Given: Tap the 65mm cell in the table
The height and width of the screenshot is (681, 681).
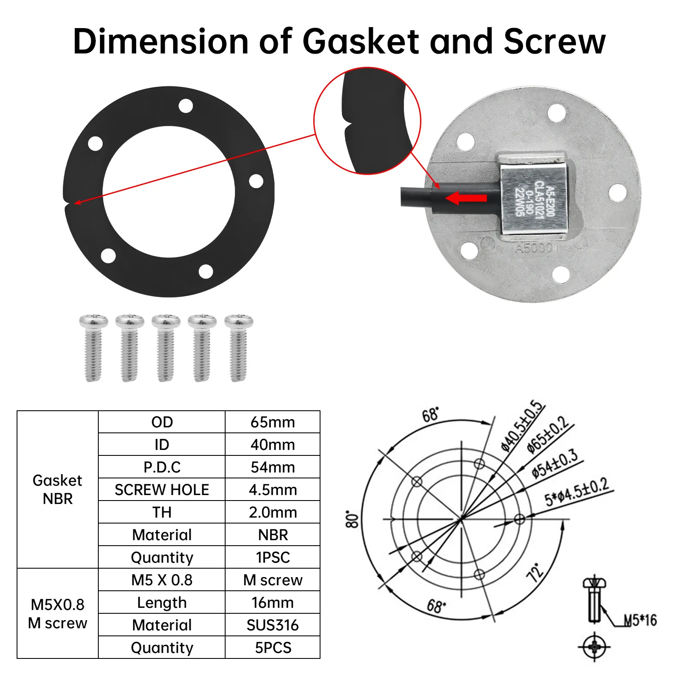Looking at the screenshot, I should (272, 422).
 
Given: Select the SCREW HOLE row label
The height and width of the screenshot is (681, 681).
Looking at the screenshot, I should (162, 490).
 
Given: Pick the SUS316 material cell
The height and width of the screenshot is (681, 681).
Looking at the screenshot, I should (272, 625).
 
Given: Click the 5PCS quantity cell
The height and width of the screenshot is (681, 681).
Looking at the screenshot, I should (272, 648).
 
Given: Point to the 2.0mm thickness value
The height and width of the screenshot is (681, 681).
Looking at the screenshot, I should (272, 512).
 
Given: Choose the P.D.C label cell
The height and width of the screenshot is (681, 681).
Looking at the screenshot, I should (162, 467).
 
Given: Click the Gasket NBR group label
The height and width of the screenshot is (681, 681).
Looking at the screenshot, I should (57, 489).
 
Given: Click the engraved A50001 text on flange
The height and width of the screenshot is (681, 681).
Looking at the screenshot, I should (536, 248).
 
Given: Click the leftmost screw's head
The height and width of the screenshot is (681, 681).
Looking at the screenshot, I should (94, 322).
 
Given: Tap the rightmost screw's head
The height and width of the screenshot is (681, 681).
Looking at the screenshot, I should (239, 322).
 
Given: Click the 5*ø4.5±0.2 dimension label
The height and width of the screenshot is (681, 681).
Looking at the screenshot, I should (577, 492).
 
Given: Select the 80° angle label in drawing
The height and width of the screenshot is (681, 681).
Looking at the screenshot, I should (352, 520).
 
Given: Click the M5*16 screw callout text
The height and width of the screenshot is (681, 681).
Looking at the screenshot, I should (640, 621).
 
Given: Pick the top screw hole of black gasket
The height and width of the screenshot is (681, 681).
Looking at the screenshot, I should (186, 106).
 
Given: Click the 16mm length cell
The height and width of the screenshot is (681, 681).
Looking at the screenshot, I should (272, 603).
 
